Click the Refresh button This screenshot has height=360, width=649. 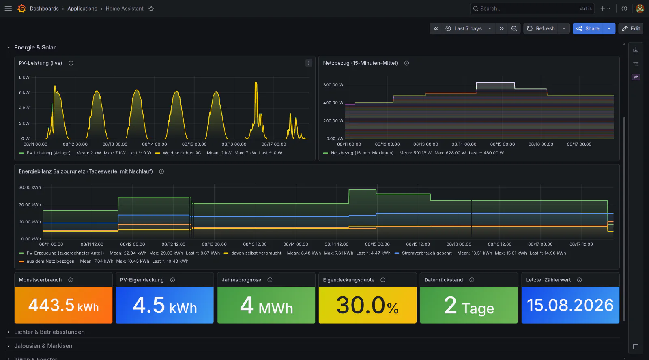(541, 28)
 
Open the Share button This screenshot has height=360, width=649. (588, 28)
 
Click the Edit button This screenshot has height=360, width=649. (631, 28)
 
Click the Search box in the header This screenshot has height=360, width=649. (532, 9)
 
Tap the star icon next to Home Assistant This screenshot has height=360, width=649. (151, 9)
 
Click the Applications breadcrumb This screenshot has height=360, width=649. (82, 9)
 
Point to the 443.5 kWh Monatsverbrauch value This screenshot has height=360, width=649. (63, 305)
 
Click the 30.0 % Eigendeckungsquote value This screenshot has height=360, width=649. (367, 305)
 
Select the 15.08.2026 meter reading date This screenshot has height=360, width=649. (570, 305)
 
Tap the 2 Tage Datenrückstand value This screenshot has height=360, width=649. (469, 305)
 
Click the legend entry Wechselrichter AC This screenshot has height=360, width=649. (182, 153)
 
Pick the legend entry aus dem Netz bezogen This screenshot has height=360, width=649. (50, 261)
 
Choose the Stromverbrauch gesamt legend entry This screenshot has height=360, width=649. (426, 253)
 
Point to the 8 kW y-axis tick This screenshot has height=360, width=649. (24, 77)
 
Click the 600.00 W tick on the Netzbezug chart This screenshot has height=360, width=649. (333, 85)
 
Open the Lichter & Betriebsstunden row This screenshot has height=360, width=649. (49, 332)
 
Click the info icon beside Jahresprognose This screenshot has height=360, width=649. (270, 280)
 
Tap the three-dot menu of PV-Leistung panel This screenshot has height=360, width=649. (309, 63)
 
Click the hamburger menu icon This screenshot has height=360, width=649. (8, 9)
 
